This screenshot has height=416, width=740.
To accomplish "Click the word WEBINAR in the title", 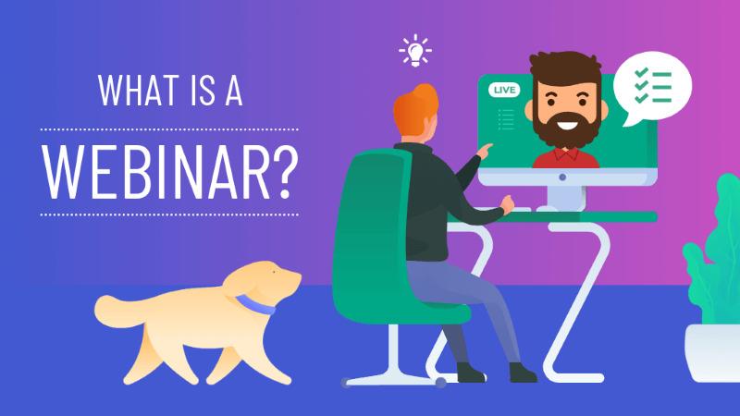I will click(x=157, y=172).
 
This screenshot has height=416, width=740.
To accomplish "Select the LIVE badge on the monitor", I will click(x=505, y=90).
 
